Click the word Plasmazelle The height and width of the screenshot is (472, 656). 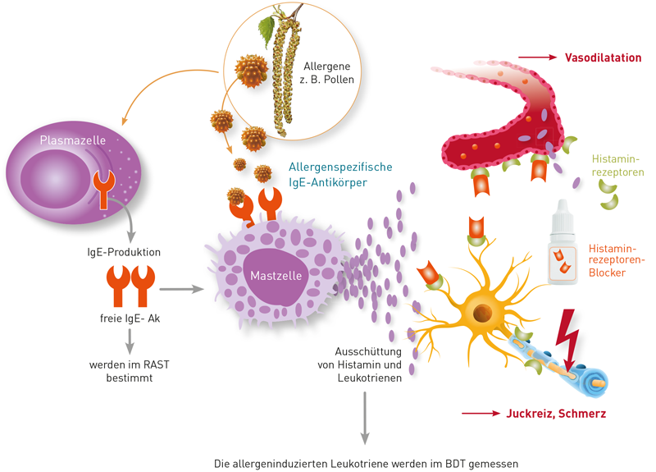click(72, 141)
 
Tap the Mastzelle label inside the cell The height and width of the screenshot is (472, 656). click(275, 273)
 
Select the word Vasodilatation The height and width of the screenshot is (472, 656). click(603, 57)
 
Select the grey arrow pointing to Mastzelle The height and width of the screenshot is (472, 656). click(181, 289)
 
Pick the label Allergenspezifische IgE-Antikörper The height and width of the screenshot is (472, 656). click(340, 174)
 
